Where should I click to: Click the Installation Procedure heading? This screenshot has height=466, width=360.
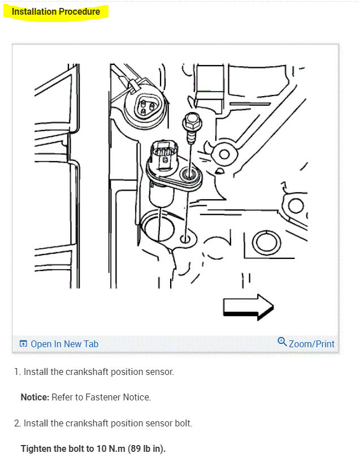click(x=56, y=11)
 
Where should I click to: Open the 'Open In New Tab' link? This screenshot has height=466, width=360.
click(x=64, y=344)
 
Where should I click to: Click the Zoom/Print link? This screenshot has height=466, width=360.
click(x=311, y=344)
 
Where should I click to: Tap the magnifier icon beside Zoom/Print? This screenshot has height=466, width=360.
click(x=283, y=342)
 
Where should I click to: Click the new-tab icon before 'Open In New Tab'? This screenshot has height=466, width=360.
click(x=23, y=344)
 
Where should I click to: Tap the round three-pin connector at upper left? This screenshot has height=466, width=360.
click(x=145, y=106)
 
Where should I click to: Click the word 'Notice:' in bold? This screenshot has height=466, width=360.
click(x=35, y=398)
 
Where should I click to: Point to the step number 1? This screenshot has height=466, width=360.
click(x=18, y=372)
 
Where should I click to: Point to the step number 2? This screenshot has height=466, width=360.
click(x=18, y=423)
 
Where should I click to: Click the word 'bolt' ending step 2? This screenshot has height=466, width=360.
click(x=182, y=423)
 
